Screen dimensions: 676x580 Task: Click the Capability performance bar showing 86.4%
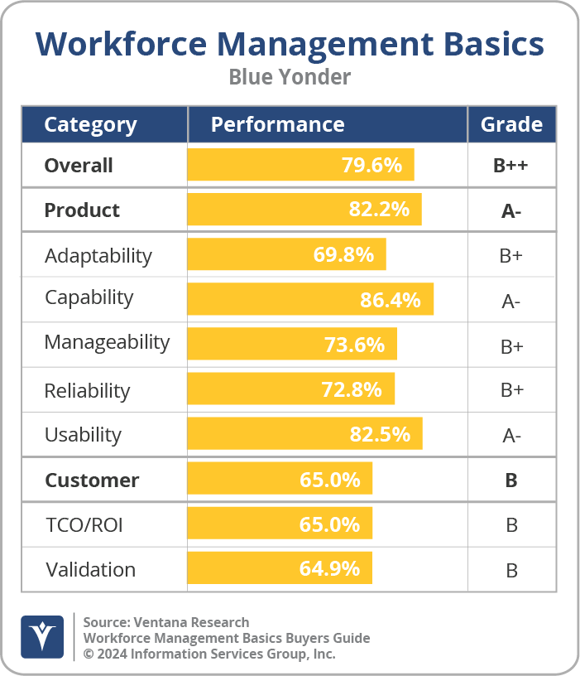point(310,300)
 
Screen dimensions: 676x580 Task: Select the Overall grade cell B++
point(510,165)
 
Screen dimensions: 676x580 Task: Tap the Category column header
point(90,124)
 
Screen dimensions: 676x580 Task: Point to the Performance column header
point(277,124)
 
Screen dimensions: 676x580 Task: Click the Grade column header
point(511,124)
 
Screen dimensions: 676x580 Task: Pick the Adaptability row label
point(98,255)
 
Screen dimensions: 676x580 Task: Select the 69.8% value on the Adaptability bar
point(343,254)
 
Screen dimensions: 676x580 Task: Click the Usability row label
point(83,435)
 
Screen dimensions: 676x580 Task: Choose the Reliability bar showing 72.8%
point(290,389)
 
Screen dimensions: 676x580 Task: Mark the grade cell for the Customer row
point(510,480)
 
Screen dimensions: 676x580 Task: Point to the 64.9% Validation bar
point(280,569)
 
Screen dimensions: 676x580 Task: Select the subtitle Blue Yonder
point(290,77)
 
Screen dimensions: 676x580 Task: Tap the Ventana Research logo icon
point(42,637)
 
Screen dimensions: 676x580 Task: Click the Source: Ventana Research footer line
point(166,622)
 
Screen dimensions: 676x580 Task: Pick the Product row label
point(82,210)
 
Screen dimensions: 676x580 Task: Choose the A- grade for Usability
point(510,436)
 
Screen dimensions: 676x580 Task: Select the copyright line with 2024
point(209,654)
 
